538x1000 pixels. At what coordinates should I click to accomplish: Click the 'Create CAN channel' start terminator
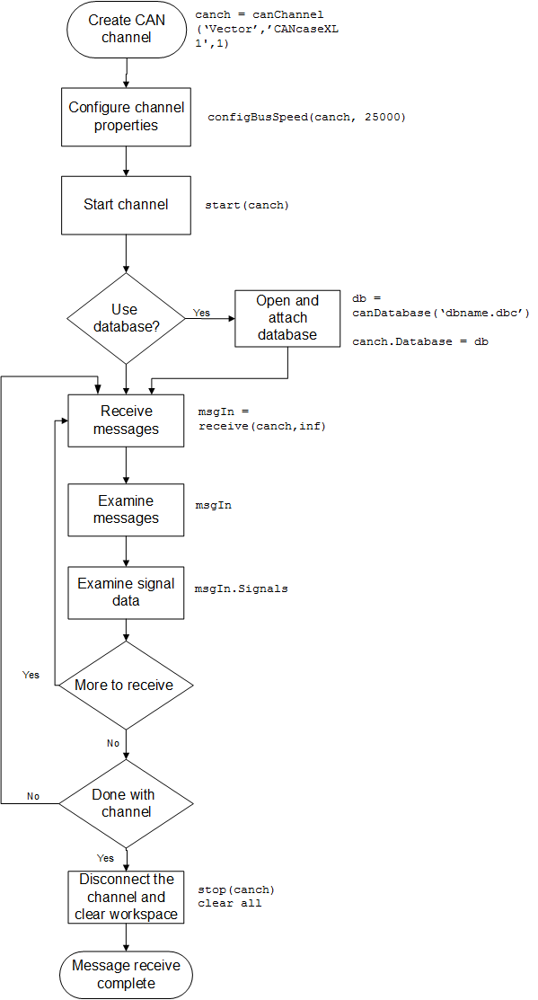click(126, 30)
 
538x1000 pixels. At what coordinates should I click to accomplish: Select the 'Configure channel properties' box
click(126, 117)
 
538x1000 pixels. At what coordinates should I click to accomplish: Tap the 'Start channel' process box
click(126, 205)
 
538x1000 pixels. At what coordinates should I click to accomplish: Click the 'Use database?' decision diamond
click(126, 318)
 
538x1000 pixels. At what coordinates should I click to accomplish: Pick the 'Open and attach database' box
click(287, 318)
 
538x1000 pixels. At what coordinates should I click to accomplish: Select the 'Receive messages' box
click(126, 420)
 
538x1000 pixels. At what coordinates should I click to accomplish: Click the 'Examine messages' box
click(126, 509)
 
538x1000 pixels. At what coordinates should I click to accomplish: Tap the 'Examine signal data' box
click(126, 592)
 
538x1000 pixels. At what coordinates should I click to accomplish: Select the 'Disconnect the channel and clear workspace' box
click(126, 897)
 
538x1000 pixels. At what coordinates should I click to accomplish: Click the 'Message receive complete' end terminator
click(126, 975)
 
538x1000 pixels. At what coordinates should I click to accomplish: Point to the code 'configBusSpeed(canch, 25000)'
click(307, 118)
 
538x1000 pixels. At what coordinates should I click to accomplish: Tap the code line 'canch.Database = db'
click(419, 342)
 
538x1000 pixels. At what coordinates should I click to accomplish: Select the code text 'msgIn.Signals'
click(241, 589)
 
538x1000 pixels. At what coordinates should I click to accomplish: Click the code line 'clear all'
click(229, 903)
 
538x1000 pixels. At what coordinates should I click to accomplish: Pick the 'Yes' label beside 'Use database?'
click(201, 313)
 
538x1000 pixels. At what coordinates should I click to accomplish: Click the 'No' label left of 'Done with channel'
click(33, 796)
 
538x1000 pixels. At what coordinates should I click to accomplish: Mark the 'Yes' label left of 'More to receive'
click(31, 675)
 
